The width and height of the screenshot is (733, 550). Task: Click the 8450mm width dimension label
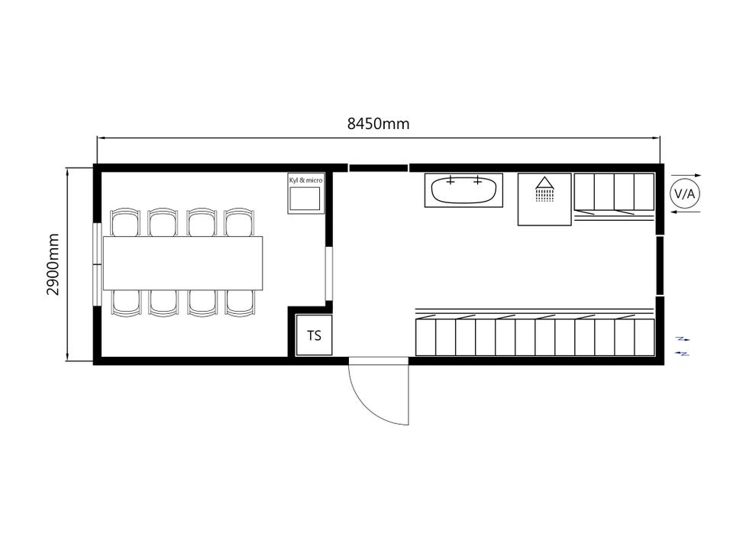(378, 124)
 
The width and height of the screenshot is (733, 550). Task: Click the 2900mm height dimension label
(53, 264)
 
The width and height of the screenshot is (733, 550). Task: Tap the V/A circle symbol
(685, 193)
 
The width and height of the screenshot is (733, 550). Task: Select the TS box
(314, 335)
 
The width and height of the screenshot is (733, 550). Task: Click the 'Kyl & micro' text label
(305, 180)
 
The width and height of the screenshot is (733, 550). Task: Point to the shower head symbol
(544, 189)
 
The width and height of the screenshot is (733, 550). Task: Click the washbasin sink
(463, 190)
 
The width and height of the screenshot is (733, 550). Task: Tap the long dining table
(182, 264)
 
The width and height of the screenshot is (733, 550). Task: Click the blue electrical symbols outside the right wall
(683, 346)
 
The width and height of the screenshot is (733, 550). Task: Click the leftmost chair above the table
(124, 222)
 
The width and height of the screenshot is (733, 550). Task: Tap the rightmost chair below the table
(240, 303)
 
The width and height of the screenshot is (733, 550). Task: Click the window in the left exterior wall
(97, 265)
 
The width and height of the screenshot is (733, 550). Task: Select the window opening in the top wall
(378, 168)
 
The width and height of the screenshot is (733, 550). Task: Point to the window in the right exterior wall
(660, 266)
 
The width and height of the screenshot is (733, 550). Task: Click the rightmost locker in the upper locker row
(644, 192)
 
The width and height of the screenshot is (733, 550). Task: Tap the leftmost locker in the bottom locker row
(425, 337)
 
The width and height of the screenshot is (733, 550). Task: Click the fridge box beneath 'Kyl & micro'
(305, 199)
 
